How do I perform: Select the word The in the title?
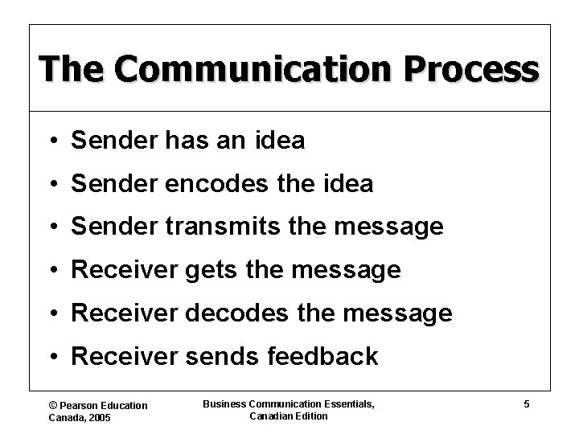[67, 69]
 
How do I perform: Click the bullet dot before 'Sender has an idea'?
[51, 141]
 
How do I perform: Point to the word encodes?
[202, 184]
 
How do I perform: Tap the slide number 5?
[526, 404]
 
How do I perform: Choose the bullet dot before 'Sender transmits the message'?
[51, 228]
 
